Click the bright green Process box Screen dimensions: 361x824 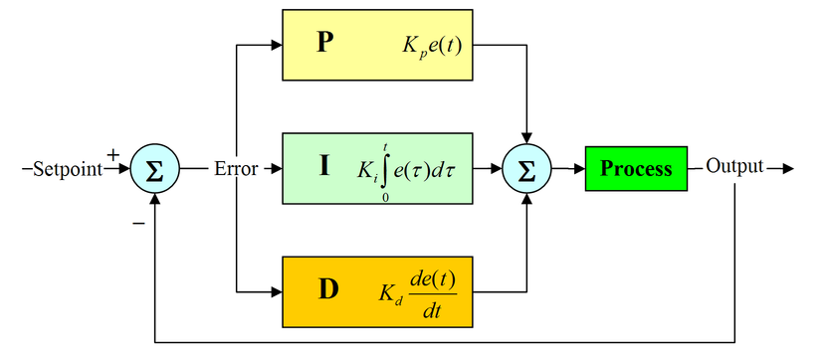pyautogui.click(x=636, y=168)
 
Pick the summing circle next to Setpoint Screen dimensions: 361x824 pyautogui.click(x=154, y=168)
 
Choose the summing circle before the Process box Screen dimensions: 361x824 pyautogui.click(x=527, y=168)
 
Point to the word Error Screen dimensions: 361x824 pyautogui.click(x=235, y=168)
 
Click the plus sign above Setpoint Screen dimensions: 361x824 pyautogui.click(x=112, y=154)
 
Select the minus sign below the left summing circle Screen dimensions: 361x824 pyautogui.click(x=138, y=223)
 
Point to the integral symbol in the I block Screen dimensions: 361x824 pyautogui.click(x=385, y=169)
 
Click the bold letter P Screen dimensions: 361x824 pyautogui.click(x=324, y=45)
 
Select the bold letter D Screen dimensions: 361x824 pyautogui.click(x=327, y=290)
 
